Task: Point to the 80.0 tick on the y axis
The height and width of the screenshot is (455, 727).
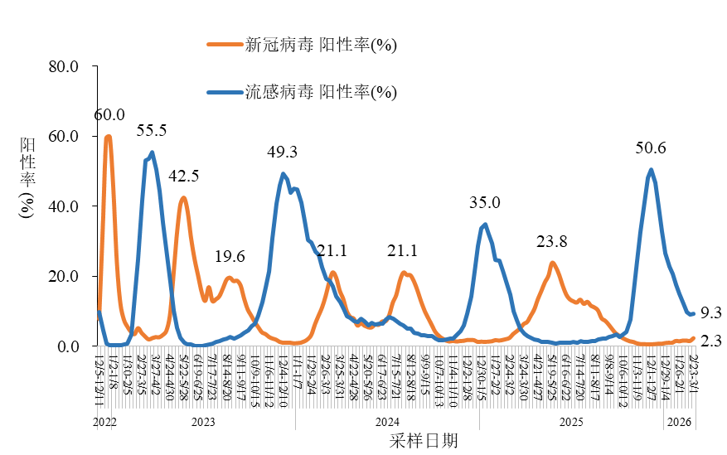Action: [64, 66]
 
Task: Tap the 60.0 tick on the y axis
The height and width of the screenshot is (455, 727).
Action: [64, 136]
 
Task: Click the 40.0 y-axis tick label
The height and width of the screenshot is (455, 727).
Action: [64, 206]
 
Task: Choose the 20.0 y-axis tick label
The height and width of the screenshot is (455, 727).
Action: [64, 276]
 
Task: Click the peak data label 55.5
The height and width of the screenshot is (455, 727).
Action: [152, 131]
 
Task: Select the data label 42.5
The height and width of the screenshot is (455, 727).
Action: [183, 177]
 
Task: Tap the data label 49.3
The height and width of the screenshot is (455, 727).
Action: [282, 152]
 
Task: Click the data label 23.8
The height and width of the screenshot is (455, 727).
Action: [552, 242]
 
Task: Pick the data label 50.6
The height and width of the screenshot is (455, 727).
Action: [651, 148]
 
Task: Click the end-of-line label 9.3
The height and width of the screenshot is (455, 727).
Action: [710, 312]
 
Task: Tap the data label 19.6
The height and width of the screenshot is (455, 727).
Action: [230, 256]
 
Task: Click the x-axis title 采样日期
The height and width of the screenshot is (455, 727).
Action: [423, 441]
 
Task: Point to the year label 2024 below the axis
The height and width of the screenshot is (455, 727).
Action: [387, 422]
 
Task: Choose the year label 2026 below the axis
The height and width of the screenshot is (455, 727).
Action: [680, 422]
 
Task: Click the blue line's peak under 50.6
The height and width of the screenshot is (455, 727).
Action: [651, 170]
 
